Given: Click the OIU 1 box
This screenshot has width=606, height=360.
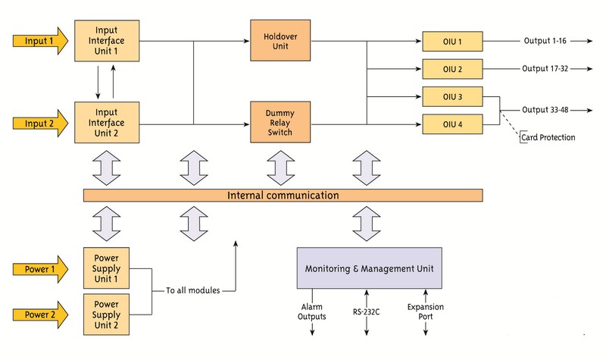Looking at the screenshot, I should coord(453,41).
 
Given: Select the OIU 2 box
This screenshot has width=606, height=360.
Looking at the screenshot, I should coord(453,68).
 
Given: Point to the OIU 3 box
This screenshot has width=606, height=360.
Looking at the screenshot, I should coord(453,96).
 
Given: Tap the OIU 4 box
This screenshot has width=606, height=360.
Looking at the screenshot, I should coord(453,124).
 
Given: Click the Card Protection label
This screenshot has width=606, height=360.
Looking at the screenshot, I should coord(547,137).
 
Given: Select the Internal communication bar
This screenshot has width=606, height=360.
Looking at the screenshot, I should coord(283,196).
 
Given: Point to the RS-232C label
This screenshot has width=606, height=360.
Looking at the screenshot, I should coord(366,310).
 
